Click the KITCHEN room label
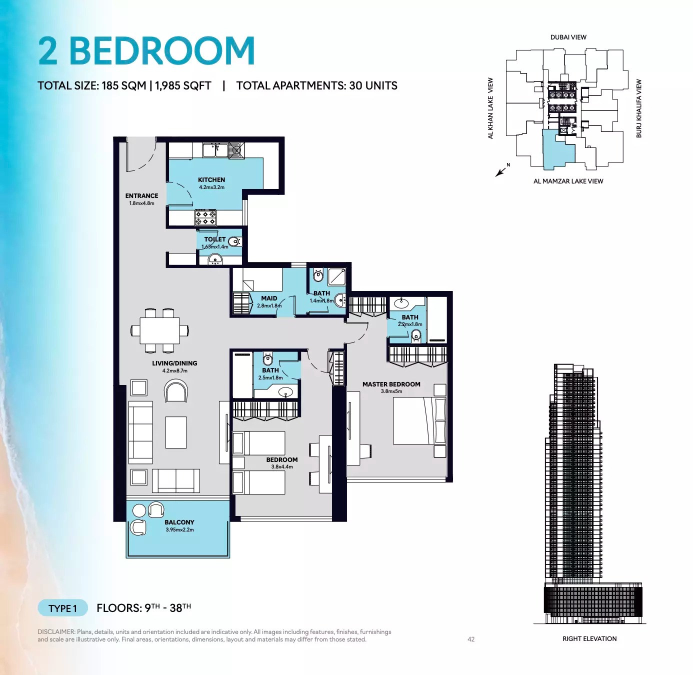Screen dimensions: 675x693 coord(211,180)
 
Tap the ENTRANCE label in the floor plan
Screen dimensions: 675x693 coord(141,196)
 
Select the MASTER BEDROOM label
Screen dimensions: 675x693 coord(391,384)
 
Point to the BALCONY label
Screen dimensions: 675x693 coord(179,522)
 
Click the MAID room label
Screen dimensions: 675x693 coord(269,298)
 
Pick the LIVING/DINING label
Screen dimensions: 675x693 coord(174,363)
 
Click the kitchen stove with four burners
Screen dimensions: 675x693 coord(205,217)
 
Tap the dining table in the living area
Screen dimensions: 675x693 coord(159,330)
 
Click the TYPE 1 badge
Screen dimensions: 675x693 coord(62,608)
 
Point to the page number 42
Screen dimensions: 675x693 coord(471,639)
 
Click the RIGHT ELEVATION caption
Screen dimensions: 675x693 coord(589,639)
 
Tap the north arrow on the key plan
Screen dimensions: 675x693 coord(500,172)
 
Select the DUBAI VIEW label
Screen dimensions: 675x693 coord(568,37)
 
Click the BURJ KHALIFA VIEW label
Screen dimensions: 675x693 coord(639,108)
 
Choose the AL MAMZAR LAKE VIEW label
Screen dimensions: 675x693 coord(568,181)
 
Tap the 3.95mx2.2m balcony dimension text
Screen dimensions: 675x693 coord(179,530)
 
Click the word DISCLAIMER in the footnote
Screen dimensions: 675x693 coord(56,632)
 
